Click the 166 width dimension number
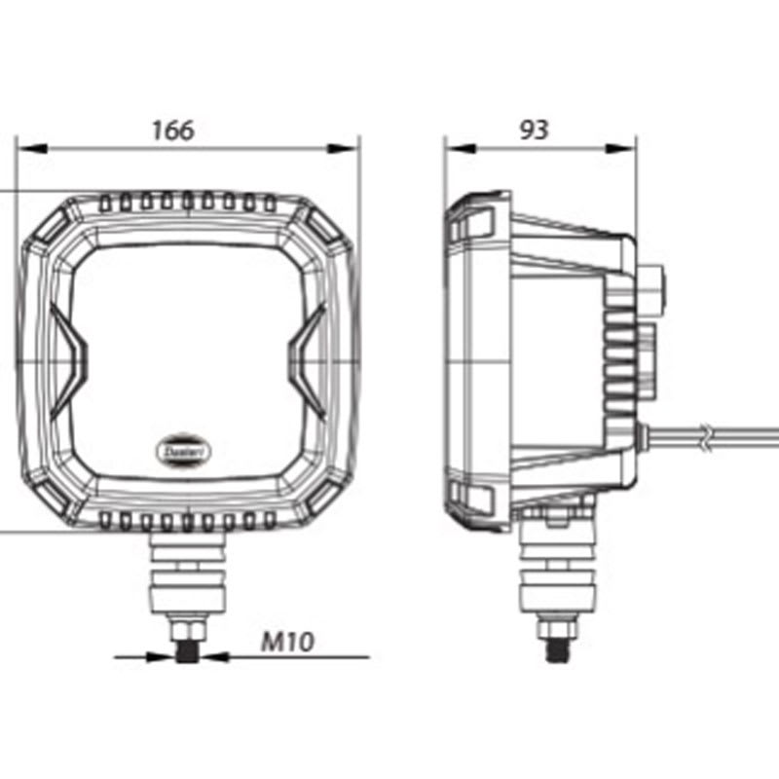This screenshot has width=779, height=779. [x=173, y=129]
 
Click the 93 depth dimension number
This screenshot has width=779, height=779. [x=534, y=129]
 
